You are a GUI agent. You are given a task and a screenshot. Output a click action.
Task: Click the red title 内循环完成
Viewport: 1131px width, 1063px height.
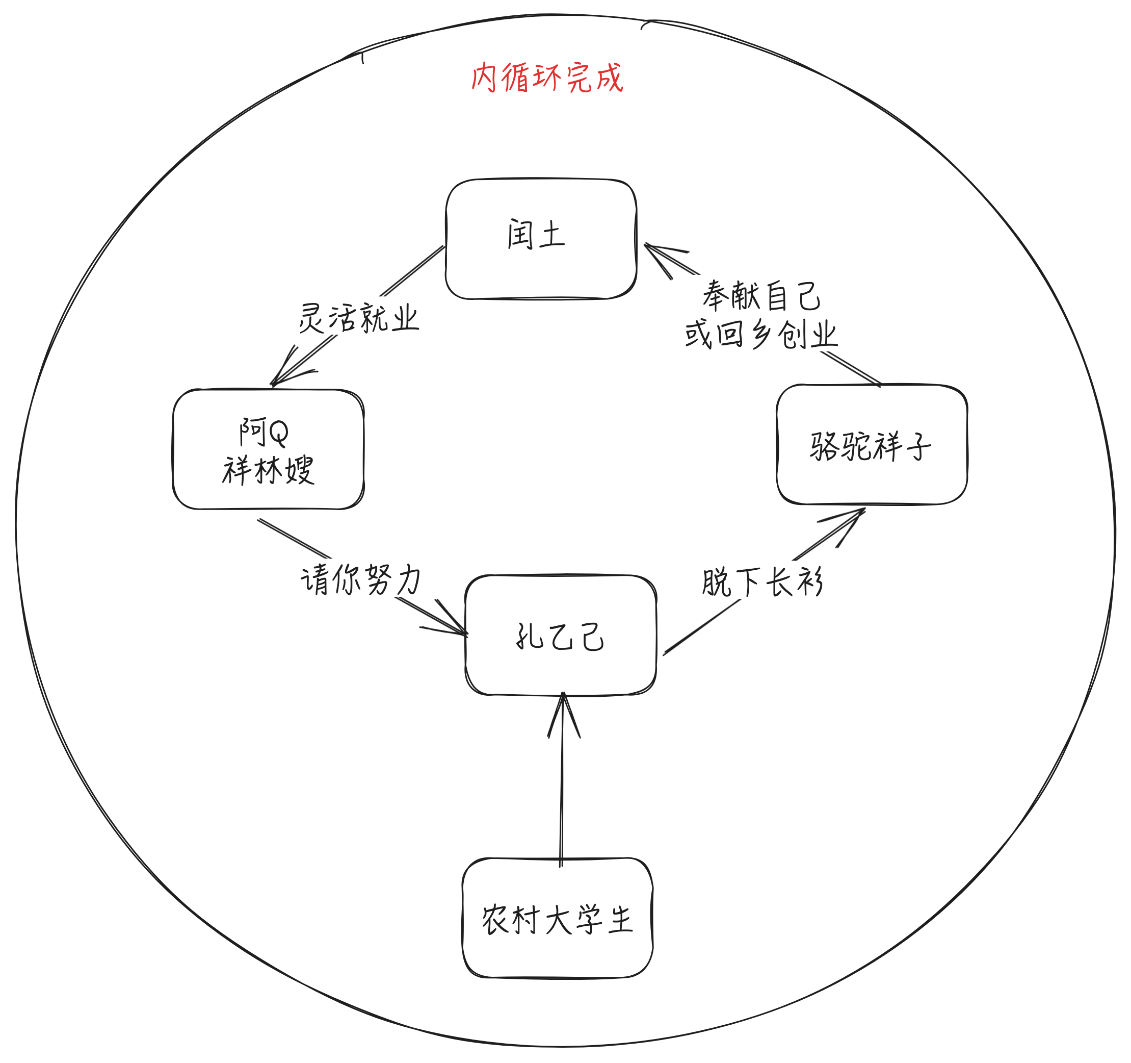coord(547,78)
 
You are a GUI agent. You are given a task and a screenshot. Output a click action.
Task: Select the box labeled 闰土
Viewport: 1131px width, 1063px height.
coord(540,239)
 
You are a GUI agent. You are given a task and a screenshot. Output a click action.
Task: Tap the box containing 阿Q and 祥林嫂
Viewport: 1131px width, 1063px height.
coord(268,449)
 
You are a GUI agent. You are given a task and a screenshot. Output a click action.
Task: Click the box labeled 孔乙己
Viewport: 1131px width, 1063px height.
coord(560,635)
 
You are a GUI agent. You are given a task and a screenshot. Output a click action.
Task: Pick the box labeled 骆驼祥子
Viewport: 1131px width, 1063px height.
coord(872,444)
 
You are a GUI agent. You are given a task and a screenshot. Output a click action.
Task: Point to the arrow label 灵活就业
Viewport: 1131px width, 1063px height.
coord(358,318)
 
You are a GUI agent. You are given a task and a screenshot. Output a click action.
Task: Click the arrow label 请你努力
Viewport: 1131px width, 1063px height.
coord(361,579)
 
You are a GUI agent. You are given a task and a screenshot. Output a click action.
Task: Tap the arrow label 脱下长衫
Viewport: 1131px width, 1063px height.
coord(762,582)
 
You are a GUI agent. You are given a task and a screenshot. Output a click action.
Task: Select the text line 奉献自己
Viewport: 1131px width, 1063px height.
coord(761,296)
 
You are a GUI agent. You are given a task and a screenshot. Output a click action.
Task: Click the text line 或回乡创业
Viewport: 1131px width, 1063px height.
coord(761,334)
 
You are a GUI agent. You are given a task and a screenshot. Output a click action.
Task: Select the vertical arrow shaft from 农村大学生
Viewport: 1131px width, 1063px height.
coord(562,797)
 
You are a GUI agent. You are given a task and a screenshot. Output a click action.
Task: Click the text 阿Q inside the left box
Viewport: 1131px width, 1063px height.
coord(264,432)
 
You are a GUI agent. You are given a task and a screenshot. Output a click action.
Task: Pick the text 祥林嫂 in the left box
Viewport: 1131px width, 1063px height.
coord(268,470)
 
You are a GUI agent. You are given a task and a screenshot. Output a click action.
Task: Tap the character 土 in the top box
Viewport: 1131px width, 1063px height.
coord(552,235)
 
